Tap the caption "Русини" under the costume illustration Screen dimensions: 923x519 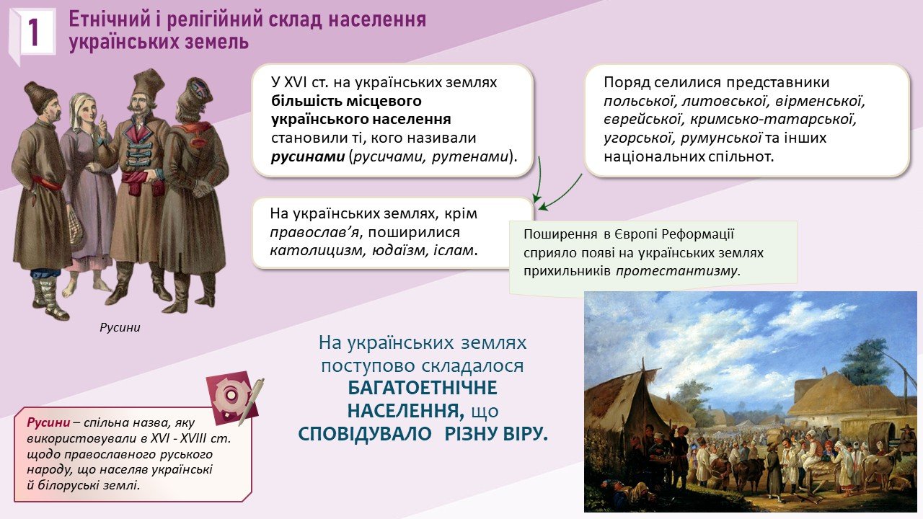tap(120, 328)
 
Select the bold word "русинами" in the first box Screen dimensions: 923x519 tap(308, 157)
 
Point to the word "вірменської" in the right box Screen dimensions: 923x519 tap(820, 101)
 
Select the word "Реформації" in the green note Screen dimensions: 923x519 tap(697, 234)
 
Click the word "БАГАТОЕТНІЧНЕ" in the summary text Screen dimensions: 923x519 tap(423, 388)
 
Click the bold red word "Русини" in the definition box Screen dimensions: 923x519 tap(48, 422)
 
